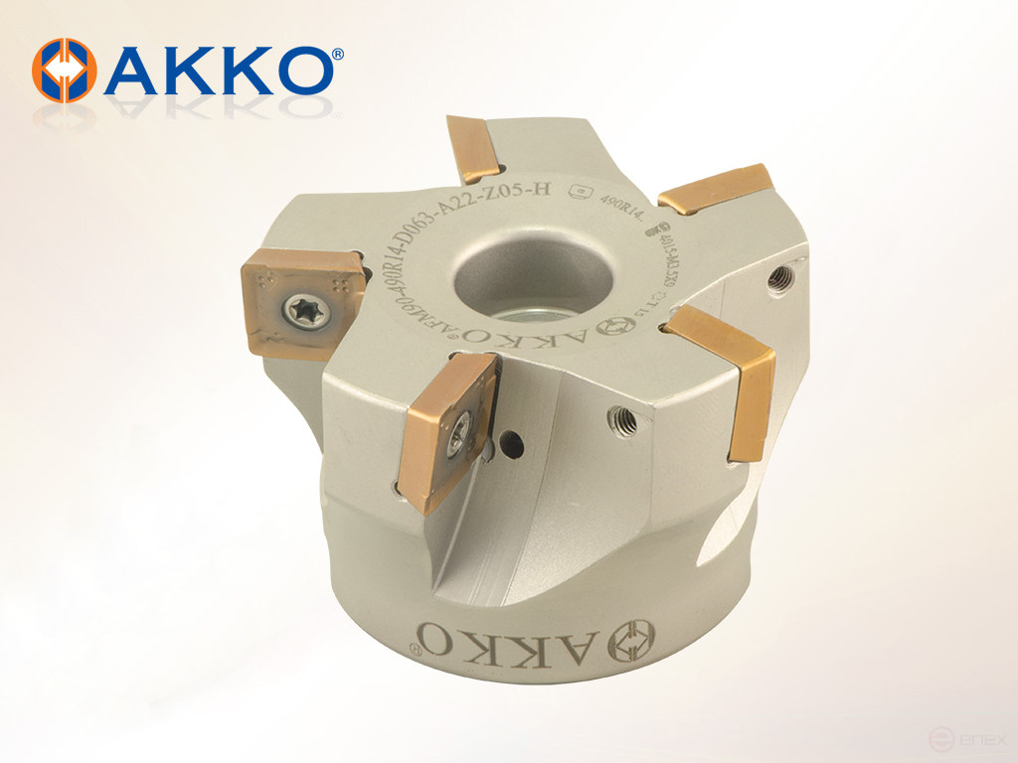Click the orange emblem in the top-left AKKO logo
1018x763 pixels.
point(65,71)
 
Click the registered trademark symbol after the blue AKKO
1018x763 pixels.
point(338,56)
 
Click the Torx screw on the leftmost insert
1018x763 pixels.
point(300,311)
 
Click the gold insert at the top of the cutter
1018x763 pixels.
point(472,149)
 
